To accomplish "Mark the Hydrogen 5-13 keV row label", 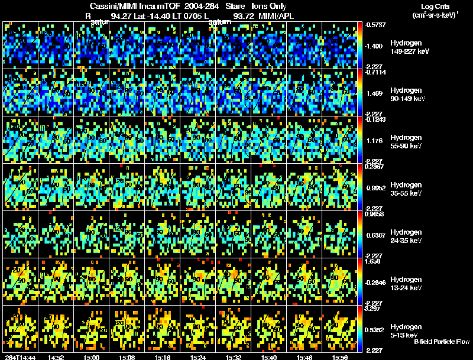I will click(x=407, y=330).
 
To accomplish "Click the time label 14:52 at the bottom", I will click(x=57, y=357).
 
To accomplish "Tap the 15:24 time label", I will click(x=199, y=357).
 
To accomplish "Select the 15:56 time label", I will click(x=341, y=357).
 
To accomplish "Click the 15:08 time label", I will click(x=128, y=357).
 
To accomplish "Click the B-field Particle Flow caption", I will click(x=442, y=342).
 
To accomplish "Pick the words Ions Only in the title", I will click(x=270, y=6).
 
